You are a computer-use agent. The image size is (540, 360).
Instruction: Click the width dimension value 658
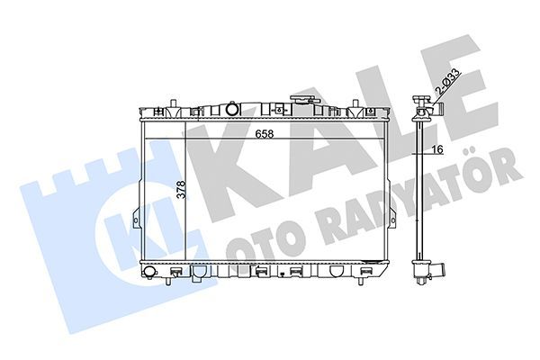(x=264, y=134)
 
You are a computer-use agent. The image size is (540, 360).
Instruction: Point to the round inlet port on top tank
(x=232, y=110)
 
